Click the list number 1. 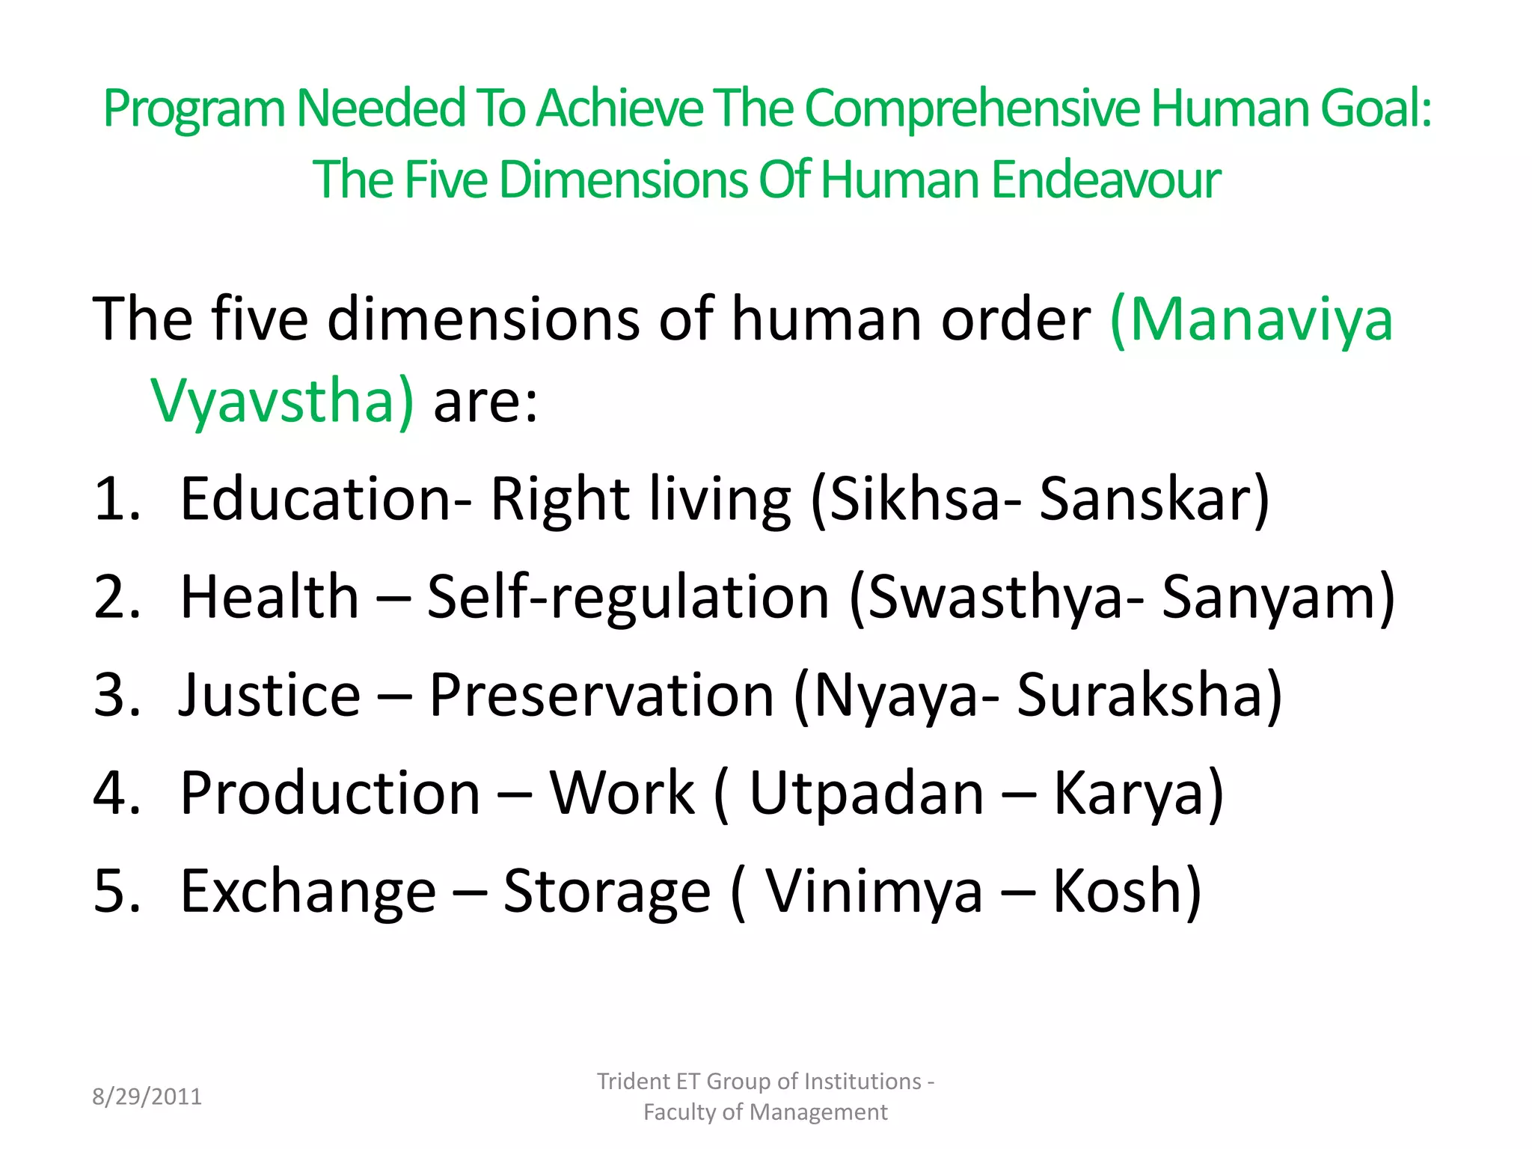click(116, 499)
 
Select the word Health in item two click(270, 597)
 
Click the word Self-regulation click(628, 597)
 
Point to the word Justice click(270, 695)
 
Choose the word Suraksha click(1149, 695)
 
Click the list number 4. click(116, 793)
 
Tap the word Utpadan click(866, 793)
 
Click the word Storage click(606, 891)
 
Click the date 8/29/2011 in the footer click(147, 1097)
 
